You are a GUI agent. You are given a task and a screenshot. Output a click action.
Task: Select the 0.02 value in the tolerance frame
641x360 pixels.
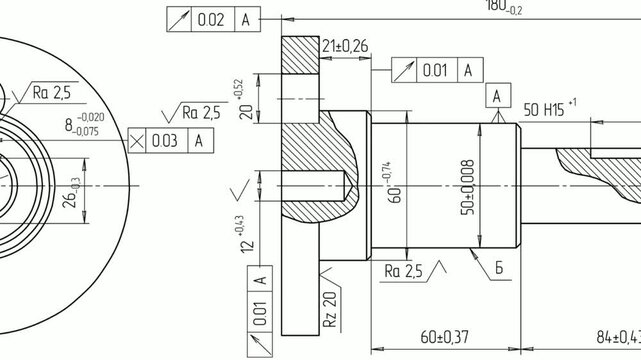[211, 19]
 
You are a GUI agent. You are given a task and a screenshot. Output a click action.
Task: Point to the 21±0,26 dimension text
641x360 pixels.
[344, 46]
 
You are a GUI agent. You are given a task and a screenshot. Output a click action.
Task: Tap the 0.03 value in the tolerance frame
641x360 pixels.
[164, 141]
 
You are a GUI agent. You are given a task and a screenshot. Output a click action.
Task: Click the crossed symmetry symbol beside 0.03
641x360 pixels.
[136, 141]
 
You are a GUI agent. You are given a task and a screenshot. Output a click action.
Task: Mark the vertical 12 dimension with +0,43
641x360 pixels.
[245, 234]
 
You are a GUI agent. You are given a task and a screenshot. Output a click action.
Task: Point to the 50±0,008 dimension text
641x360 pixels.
[466, 186]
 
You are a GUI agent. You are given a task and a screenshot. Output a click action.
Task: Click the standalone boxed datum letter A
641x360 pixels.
[496, 96]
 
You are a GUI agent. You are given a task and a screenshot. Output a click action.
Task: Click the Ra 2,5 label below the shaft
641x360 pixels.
[404, 270]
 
